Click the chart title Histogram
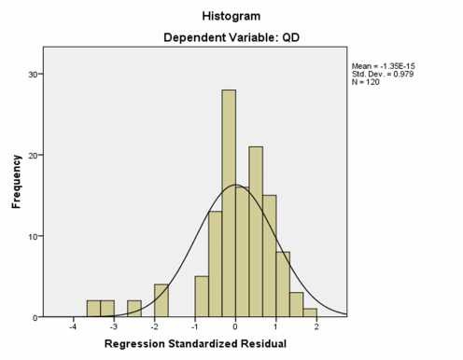point(231,16)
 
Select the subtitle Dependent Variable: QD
point(231,38)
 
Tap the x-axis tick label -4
point(72,328)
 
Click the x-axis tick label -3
point(113,328)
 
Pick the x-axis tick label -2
point(154,328)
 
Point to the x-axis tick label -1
point(194,328)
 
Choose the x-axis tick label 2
point(317,328)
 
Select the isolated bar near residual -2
point(161,300)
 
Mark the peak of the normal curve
point(235,185)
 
